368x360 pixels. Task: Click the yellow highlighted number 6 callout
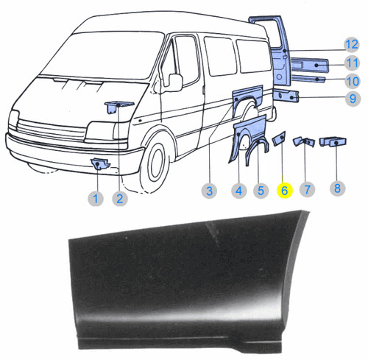click(x=285, y=191)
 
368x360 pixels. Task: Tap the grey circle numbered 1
click(x=96, y=198)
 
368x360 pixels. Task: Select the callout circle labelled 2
click(x=120, y=198)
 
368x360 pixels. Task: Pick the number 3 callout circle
click(x=209, y=191)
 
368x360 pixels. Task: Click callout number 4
click(x=239, y=191)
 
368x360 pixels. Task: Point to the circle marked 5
click(x=261, y=191)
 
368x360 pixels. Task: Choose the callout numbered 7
click(x=307, y=189)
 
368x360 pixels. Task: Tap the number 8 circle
click(x=337, y=188)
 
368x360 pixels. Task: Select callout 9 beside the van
click(x=353, y=99)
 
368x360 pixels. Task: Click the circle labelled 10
click(x=353, y=81)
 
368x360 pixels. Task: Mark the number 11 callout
click(x=352, y=63)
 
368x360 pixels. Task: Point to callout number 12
click(x=352, y=45)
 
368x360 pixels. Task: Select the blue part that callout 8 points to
click(x=333, y=142)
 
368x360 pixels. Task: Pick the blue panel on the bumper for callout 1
click(x=100, y=164)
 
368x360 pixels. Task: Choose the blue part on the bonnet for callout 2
click(x=118, y=107)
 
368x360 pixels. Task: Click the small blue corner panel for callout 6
click(x=279, y=138)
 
